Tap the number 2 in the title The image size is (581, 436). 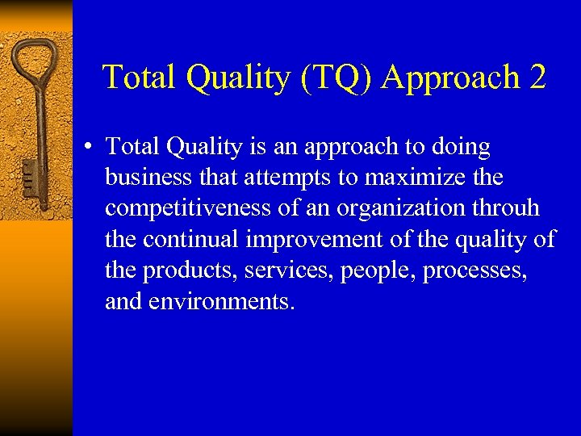pos(537,78)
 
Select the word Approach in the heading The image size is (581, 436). pos(451,78)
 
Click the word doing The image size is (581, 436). pos(460,147)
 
